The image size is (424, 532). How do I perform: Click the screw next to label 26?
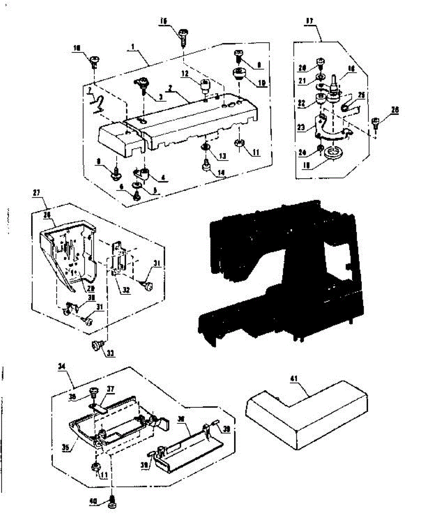pyautogui.click(x=375, y=121)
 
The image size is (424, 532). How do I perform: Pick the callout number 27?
pyautogui.click(x=36, y=194)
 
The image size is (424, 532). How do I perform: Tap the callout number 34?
pyautogui.click(x=62, y=367)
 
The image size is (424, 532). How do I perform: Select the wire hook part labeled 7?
pyautogui.click(x=98, y=104)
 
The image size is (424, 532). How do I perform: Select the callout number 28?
pyautogui.click(x=47, y=214)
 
